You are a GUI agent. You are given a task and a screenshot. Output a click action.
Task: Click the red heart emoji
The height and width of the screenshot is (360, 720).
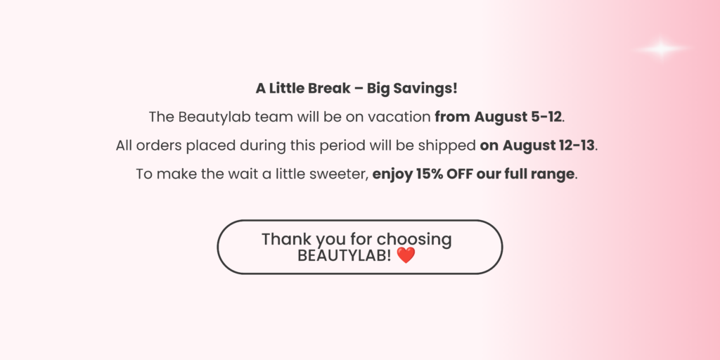(406, 255)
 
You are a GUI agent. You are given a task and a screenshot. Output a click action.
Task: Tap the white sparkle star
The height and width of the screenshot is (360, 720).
(661, 49)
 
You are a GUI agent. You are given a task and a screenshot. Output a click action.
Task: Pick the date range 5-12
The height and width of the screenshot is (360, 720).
(546, 117)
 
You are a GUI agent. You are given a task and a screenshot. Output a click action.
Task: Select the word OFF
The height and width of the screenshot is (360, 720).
(460, 174)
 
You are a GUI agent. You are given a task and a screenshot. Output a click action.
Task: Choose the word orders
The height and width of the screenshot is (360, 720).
(160, 146)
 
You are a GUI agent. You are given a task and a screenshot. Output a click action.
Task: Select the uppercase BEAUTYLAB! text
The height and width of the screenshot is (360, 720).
(345, 256)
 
